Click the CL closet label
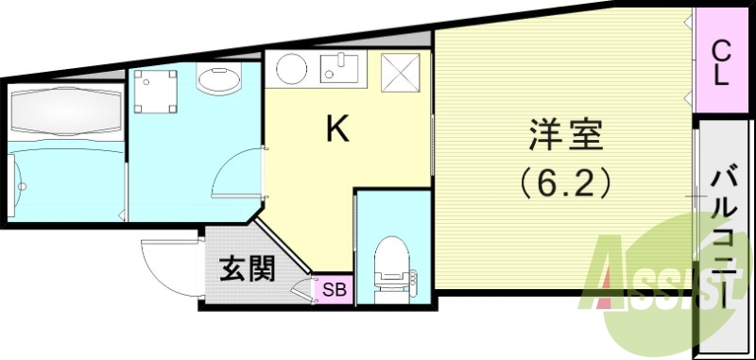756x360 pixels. tap(720, 62)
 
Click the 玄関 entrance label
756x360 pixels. tap(248, 269)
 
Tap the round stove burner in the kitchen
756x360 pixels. tap(287, 68)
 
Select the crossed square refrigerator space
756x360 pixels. tap(399, 70)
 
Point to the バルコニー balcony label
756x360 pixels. tap(724, 236)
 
